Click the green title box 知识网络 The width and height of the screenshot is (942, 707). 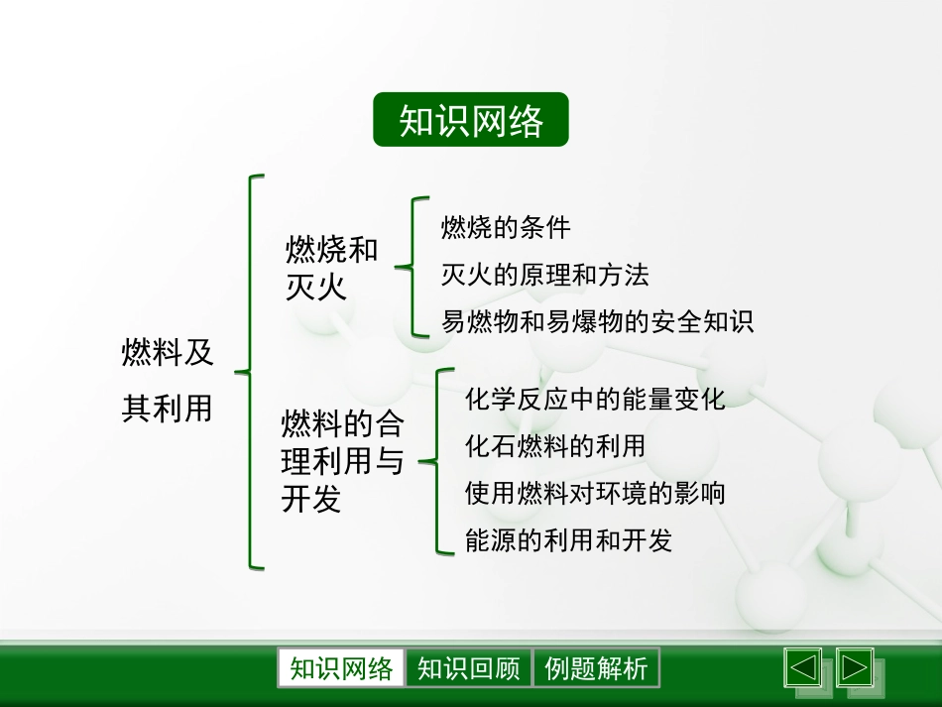tap(471, 120)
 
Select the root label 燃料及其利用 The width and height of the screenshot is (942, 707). tap(167, 379)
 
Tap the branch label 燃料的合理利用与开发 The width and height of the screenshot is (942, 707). tap(342, 462)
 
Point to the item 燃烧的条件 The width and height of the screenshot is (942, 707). tap(506, 227)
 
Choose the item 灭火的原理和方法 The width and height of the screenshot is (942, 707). tap(544, 274)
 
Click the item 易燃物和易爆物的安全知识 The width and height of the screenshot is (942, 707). tap(597, 321)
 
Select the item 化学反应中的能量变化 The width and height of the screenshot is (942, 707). tap(595, 399)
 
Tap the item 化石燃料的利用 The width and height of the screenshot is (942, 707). tap(555, 446)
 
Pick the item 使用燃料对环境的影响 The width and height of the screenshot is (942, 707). tap(595, 493)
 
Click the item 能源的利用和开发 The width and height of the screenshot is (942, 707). tap(568, 539)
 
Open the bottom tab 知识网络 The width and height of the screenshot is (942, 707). tap(341, 669)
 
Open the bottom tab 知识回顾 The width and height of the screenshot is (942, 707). tap(469, 669)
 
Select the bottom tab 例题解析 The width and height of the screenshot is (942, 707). tap(596, 669)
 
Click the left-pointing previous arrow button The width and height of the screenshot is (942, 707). tap(803, 667)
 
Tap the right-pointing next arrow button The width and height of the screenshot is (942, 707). tap(854, 667)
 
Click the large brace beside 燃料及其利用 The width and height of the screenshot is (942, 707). tap(252, 372)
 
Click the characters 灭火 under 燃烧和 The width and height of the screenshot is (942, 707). tap(315, 288)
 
